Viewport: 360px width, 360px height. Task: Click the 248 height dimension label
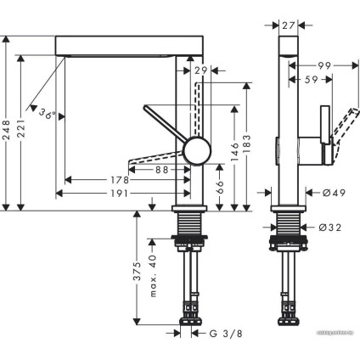click(x=7, y=128)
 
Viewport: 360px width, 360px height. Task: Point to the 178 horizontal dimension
click(x=119, y=180)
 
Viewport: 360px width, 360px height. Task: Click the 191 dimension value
click(x=119, y=193)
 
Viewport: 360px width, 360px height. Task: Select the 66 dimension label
click(x=220, y=184)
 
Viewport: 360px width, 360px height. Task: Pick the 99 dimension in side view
click(x=323, y=65)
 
